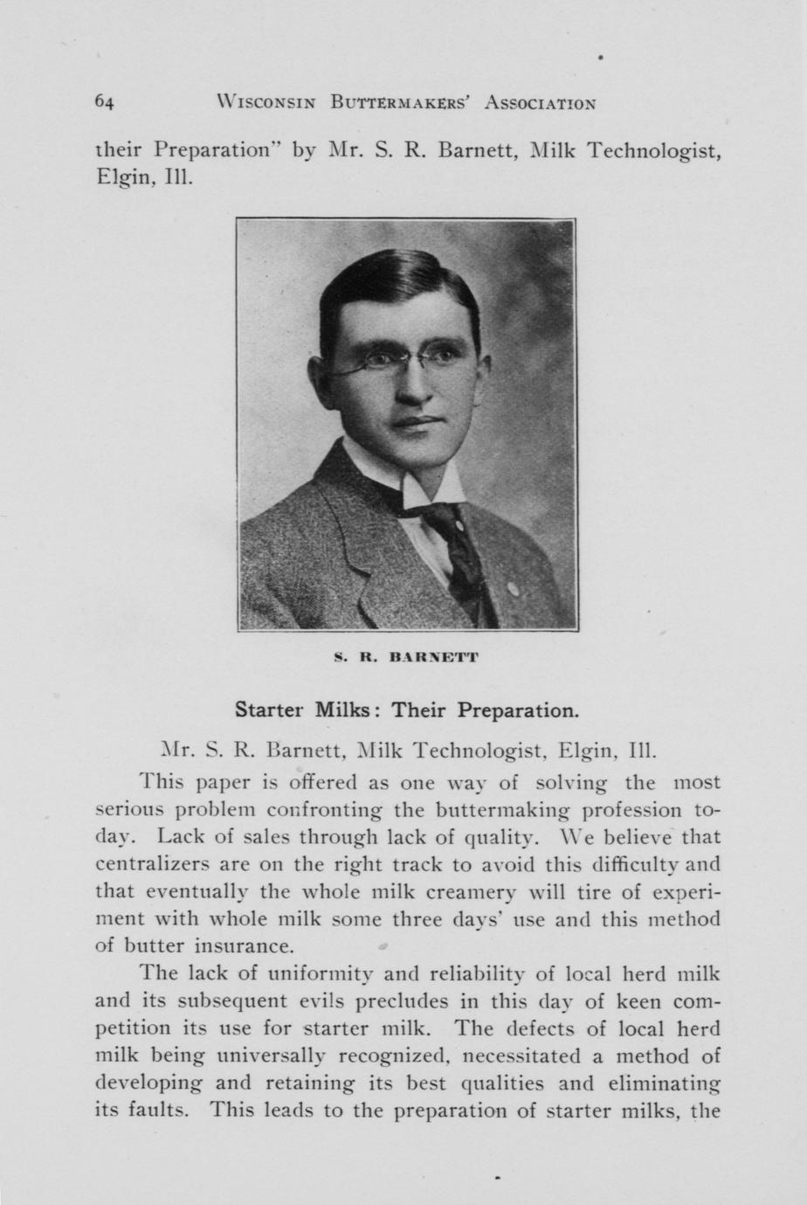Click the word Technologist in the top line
tap(653, 151)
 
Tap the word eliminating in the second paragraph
tap(664, 1084)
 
